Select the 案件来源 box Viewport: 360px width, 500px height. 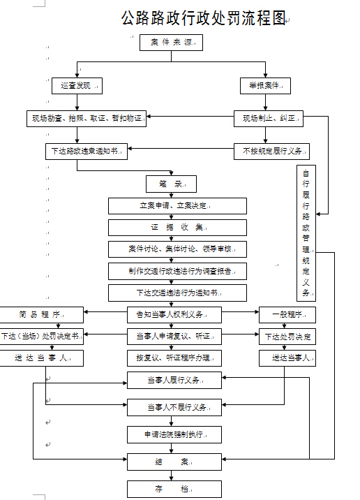click(171, 43)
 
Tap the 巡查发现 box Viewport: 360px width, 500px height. click(77, 86)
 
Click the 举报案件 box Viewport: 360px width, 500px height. click(265, 86)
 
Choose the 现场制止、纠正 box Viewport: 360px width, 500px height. click(269, 119)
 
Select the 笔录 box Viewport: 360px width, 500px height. click(171, 184)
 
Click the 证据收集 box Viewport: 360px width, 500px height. click(177, 228)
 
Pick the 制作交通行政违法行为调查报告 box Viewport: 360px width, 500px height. click(177, 271)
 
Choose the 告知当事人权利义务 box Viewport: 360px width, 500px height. click(174, 314)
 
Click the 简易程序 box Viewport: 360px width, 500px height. click(42, 314)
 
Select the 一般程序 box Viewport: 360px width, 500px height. click(287, 314)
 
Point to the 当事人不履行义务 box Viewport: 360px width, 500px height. click(174, 406)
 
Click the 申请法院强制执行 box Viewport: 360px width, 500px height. click(174, 434)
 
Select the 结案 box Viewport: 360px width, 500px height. click(174, 462)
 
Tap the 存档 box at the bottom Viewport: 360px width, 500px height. click(174, 489)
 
